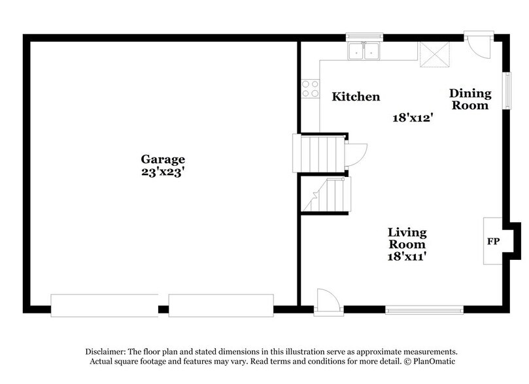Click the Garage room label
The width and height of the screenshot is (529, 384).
pos(163,159)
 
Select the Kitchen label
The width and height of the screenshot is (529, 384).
pos(356,97)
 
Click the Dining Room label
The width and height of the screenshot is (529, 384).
pos(468,99)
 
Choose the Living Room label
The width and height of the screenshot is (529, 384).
pos(407,238)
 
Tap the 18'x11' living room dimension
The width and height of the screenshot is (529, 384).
pos(407,257)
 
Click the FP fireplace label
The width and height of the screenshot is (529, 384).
pos(493,242)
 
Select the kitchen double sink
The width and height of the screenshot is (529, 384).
pos(364,50)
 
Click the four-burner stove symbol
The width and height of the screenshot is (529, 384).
pos(310,89)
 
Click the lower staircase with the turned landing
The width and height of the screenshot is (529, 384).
pos(326,195)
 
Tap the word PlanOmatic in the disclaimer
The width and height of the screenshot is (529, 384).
pos(429,361)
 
